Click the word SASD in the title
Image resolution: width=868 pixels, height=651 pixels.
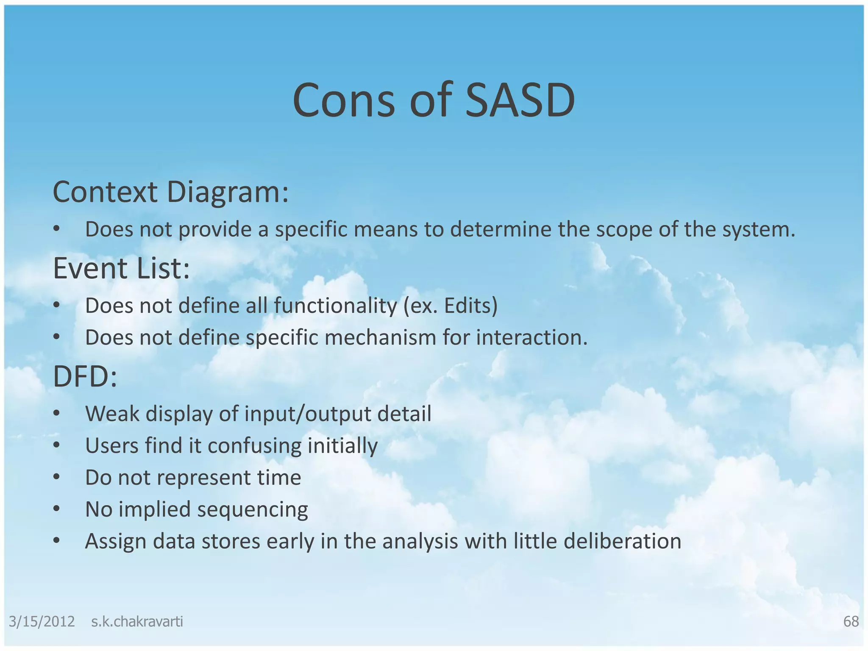point(520,101)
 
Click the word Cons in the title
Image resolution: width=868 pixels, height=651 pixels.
point(343,101)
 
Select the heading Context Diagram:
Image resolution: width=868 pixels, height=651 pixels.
point(170,192)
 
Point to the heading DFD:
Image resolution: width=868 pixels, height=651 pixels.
point(85,376)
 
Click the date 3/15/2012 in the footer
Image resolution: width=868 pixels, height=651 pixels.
point(42,621)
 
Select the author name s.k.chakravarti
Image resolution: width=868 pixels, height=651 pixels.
point(137,621)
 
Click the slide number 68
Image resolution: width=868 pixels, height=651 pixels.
point(851,621)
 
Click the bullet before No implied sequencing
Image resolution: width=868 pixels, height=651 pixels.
point(57,509)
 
